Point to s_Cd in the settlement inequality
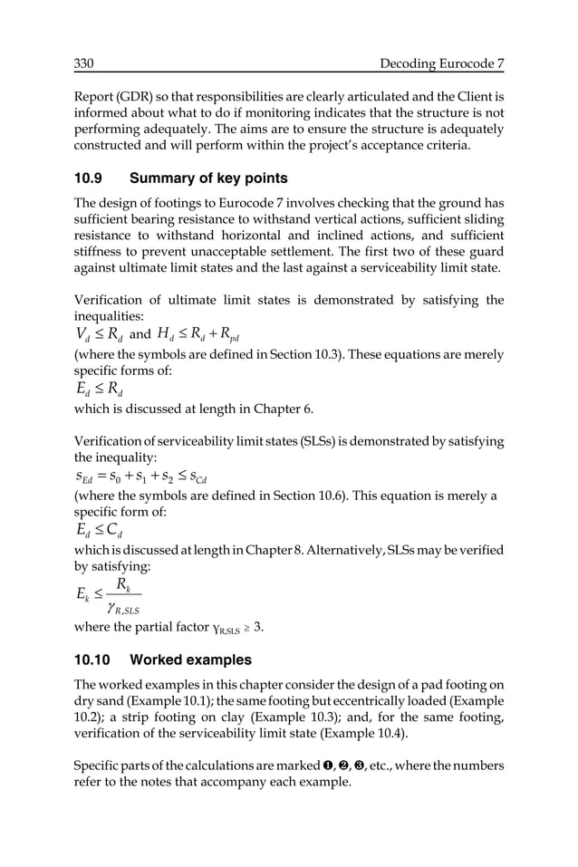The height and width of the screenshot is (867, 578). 207,478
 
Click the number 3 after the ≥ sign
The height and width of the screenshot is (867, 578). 259,626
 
